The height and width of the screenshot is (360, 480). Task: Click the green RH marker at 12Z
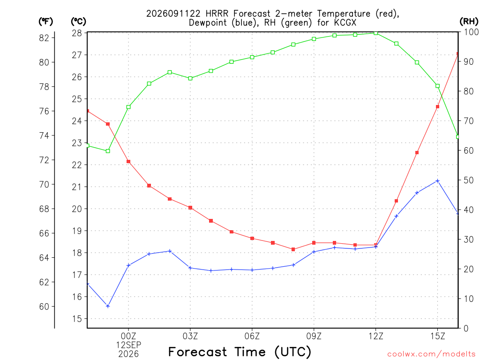[x=376, y=33]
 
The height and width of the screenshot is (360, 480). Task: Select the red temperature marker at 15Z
[x=438, y=107]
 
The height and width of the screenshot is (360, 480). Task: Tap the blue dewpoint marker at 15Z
[x=438, y=181]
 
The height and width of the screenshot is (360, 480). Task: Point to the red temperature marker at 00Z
[x=128, y=162]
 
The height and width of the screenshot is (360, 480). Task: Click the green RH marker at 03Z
[x=190, y=78]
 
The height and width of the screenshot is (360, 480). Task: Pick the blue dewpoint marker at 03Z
[x=190, y=268]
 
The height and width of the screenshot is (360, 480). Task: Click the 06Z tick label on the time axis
[x=252, y=336]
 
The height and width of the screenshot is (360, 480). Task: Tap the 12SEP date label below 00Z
[x=128, y=345]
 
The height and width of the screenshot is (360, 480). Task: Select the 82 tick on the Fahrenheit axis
[x=44, y=38]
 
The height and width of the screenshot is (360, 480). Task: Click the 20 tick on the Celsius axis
[x=77, y=209]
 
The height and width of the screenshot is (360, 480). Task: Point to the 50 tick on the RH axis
[x=468, y=180]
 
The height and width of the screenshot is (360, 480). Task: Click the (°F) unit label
[x=45, y=22]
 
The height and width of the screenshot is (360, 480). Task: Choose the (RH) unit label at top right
[x=469, y=21]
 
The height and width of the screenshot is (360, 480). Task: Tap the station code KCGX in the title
[x=345, y=22]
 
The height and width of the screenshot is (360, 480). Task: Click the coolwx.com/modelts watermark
[x=431, y=354]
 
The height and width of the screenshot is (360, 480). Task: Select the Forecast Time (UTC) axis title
[x=240, y=352]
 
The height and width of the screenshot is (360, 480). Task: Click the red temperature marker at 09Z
[x=314, y=243]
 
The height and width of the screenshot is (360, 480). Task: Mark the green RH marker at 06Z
[x=252, y=57]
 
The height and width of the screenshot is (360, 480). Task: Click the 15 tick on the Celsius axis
[x=77, y=319]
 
